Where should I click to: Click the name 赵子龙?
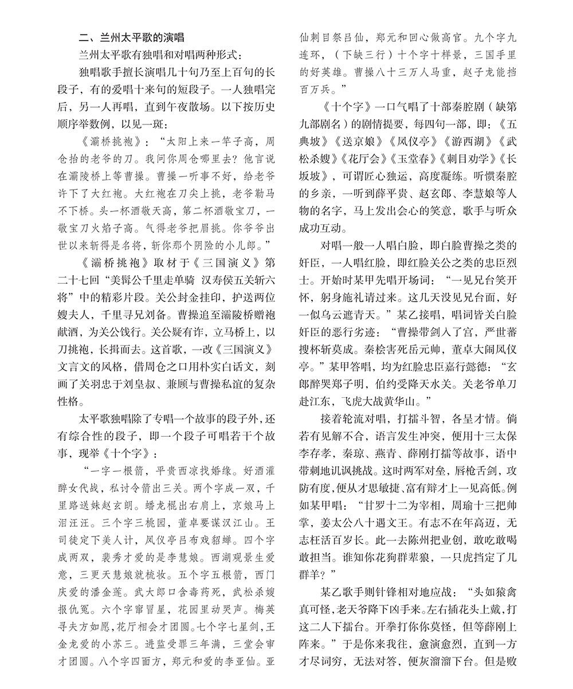click(x=464, y=73)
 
